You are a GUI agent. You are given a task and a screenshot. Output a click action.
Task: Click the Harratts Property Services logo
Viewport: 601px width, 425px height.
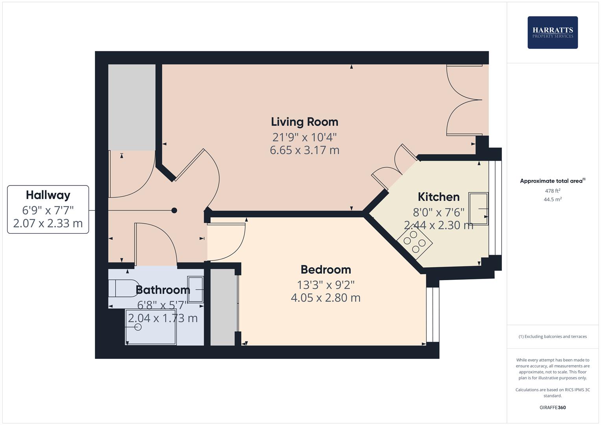click(x=552, y=32)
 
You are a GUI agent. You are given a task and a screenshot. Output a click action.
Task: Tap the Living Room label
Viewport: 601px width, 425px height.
click(x=304, y=122)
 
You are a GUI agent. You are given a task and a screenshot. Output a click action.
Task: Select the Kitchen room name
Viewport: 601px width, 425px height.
click(x=438, y=197)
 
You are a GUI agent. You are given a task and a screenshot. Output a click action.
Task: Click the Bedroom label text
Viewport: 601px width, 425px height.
click(x=325, y=270)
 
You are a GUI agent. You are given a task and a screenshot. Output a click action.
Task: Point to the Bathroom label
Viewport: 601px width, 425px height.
click(x=163, y=290)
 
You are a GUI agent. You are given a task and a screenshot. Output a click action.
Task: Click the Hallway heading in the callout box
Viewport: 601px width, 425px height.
click(x=48, y=195)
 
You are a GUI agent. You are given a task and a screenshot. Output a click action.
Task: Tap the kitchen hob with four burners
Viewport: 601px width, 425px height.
click(x=415, y=242)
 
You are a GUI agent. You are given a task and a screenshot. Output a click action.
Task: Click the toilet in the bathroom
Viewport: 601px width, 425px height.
click(x=122, y=288)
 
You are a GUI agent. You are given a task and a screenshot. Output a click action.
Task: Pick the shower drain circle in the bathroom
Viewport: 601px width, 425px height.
click(x=138, y=327)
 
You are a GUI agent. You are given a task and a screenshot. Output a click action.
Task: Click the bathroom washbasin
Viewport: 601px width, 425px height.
click(x=196, y=290)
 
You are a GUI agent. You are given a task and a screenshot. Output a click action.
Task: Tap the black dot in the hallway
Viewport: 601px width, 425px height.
click(x=174, y=211)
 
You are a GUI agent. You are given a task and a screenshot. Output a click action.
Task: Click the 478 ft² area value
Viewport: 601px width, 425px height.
click(x=552, y=191)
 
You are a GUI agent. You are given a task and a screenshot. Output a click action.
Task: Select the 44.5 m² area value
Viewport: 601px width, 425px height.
click(x=552, y=199)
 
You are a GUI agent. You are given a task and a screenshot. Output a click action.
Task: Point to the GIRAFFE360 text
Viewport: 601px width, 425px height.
click(x=552, y=407)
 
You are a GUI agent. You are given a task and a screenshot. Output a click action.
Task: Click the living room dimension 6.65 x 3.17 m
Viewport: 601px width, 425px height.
click(x=304, y=150)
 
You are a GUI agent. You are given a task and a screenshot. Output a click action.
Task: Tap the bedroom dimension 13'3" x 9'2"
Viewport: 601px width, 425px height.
click(x=325, y=285)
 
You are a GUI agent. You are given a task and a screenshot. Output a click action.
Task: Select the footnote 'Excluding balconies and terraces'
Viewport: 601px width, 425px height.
click(x=552, y=336)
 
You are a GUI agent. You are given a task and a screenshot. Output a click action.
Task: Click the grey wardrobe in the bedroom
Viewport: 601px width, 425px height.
click(x=223, y=307)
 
